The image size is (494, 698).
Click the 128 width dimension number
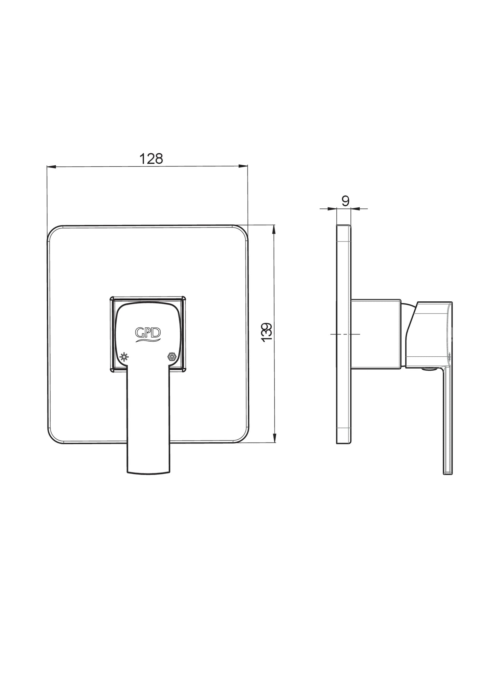coord(151,159)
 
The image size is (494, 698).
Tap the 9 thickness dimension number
coord(345,201)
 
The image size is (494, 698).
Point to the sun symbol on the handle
coord(124,357)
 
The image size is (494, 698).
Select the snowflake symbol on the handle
coord(171,357)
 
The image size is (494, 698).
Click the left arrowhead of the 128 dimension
coord(51,167)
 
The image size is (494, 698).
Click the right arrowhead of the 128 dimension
coord(243,166)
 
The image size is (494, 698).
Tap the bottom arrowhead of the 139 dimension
coord(274,439)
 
